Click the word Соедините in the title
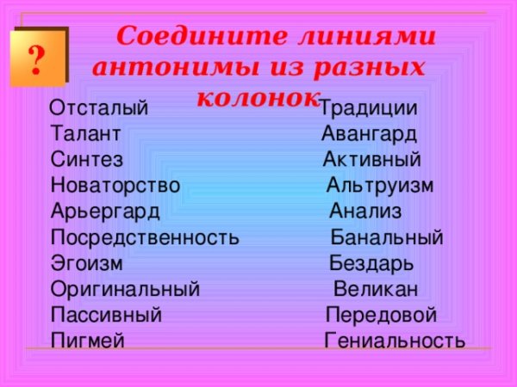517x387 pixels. point(180,38)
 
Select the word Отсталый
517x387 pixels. point(99,109)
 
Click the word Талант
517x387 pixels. point(85,134)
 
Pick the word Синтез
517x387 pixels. point(87,160)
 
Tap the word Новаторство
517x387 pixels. point(115,186)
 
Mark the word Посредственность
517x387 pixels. point(146,237)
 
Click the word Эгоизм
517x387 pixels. point(87,263)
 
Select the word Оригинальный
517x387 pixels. point(125,289)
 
